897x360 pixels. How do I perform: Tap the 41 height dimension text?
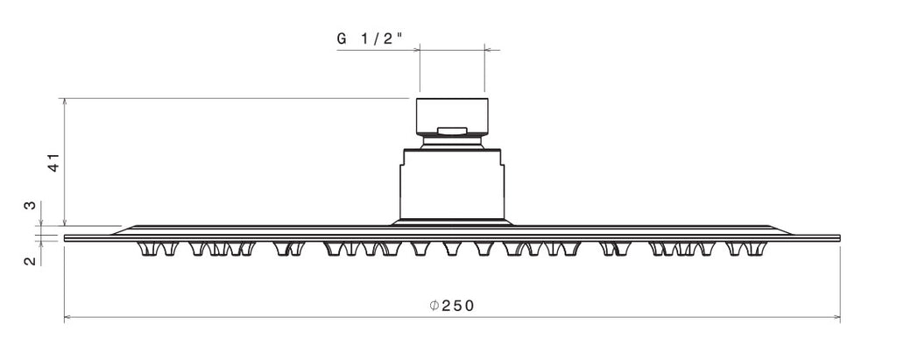point(53,163)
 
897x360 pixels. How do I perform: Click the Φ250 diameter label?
point(452,306)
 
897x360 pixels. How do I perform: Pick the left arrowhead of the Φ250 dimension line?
point(67,316)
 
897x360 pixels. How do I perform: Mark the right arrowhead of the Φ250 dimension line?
point(837,316)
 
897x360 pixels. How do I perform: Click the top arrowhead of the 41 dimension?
point(65,102)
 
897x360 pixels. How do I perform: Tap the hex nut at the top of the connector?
point(452,116)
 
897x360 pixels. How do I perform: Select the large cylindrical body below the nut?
point(452,183)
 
